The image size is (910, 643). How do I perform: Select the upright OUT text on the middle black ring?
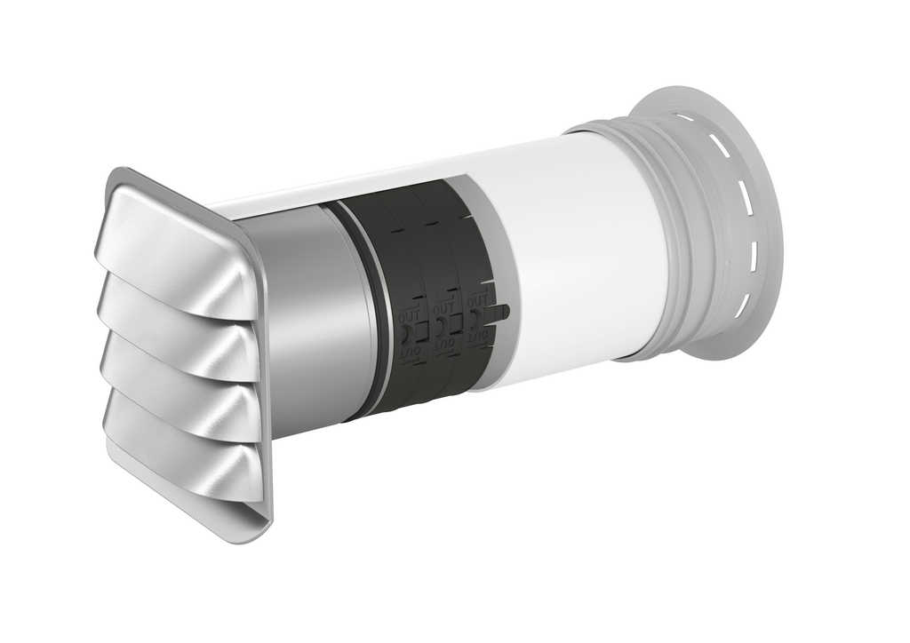point(443,307)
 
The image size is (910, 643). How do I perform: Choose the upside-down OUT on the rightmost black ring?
point(477,337)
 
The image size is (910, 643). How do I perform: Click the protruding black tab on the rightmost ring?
point(502,312)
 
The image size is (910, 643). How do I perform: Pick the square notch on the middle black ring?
point(456,324)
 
